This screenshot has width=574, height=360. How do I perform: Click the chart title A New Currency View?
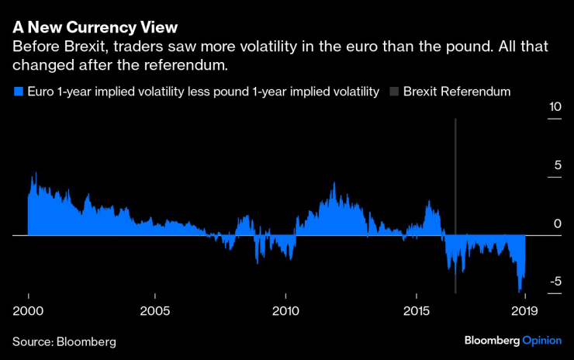coord(95,27)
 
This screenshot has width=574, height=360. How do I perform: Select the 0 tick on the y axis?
coord(558,223)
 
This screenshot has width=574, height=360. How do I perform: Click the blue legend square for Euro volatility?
coord(18,92)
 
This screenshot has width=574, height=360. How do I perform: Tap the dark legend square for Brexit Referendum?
coord(394,92)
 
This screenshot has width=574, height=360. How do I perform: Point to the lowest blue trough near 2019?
coord(520,292)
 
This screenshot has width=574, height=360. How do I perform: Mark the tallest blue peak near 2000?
coord(34,174)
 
